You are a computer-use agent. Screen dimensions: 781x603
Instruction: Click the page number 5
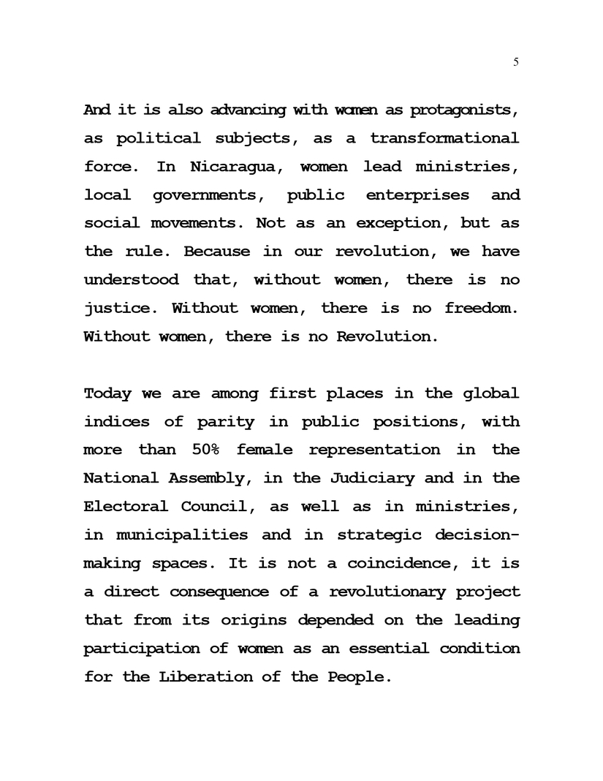click(x=516, y=62)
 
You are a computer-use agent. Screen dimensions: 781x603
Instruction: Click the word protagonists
click(x=463, y=110)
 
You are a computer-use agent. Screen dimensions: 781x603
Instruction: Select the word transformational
click(x=444, y=138)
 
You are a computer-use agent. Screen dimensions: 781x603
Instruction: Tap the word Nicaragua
click(x=237, y=167)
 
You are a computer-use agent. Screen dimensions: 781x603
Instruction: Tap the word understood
click(x=131, y=280)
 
